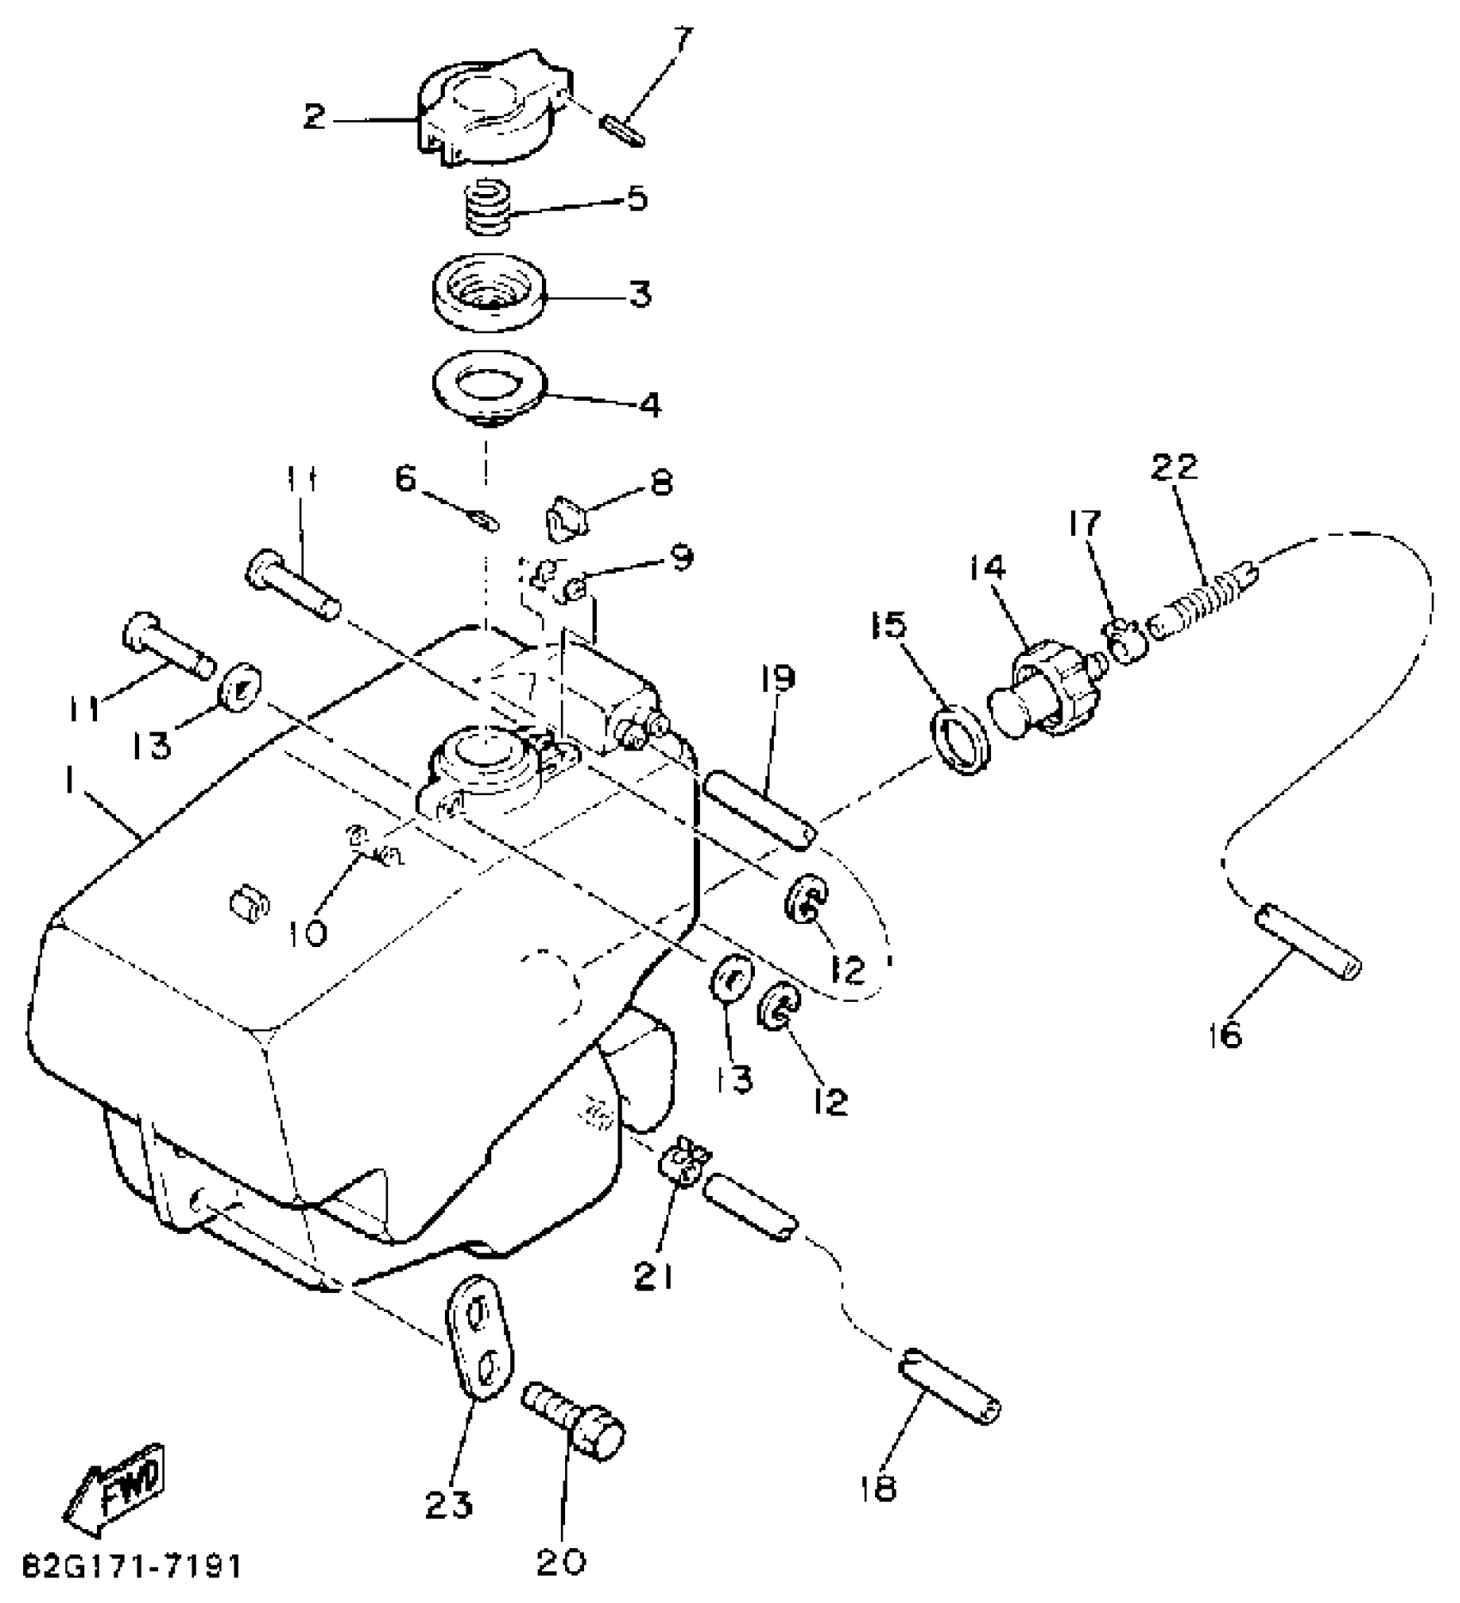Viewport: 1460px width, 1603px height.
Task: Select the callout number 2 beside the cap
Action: [x=315, y=117]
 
